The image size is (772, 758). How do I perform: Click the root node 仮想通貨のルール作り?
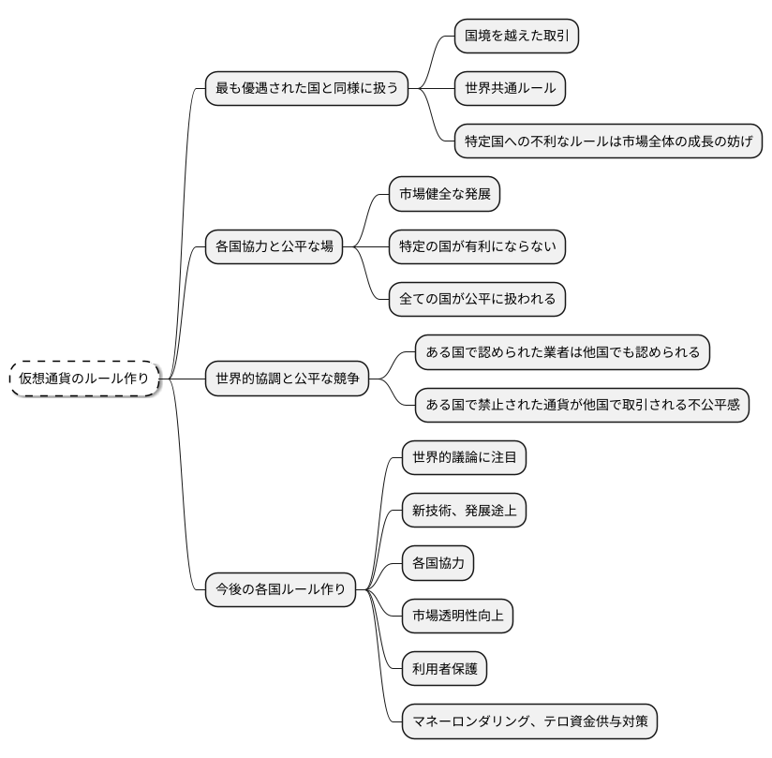pos(84,379)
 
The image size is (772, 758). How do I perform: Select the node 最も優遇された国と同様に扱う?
pos(307,89)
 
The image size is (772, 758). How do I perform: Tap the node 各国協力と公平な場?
pos(274,247)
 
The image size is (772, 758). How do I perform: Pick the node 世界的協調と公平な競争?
pos(288,379)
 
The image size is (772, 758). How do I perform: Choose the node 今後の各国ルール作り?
pos(281,589)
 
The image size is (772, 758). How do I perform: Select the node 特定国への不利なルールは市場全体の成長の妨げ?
pos(607,141)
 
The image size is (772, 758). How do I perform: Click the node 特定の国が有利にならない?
pos(478,247)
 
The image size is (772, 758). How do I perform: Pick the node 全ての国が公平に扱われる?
pos(478,300)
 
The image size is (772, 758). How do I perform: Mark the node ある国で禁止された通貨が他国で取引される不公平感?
pos(582,405)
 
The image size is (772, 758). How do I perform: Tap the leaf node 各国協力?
pos(438,563)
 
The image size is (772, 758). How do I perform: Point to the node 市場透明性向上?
pos(457,616)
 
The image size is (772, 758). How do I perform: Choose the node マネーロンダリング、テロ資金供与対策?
pos(529,721)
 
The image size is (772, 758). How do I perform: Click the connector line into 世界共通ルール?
pos(436,89)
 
